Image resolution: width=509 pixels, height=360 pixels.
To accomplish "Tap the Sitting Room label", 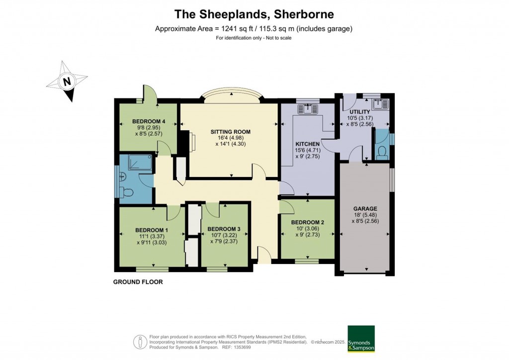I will (230, 132).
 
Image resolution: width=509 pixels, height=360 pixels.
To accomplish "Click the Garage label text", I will (365, 208).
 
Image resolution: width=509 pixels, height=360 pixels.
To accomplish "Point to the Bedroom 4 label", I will (148, 121).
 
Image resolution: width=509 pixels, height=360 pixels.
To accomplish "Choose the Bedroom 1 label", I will (152, 230).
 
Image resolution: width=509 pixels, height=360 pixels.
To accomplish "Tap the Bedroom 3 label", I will (224, 229).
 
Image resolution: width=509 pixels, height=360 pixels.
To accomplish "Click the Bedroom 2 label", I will (308, 222).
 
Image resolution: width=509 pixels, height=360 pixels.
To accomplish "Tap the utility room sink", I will (382, 104).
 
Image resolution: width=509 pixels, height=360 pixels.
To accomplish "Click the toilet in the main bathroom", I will (127, 192).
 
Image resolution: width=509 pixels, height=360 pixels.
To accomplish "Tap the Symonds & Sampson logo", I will (360, 339).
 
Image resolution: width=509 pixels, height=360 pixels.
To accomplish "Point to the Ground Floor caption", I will (138, 282).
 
